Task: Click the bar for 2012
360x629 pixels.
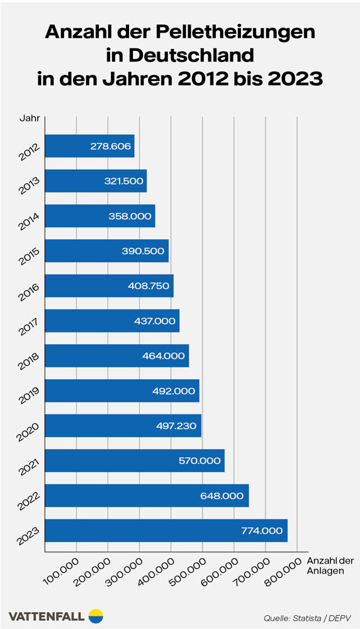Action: click(x=89, y=146)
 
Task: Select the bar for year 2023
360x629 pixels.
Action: click(x=166, y=530)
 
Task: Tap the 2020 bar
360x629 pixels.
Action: click(x=123, y=425)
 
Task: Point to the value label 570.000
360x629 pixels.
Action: click(x=200, y=460)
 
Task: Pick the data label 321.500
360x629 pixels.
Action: click(x=123, y=181)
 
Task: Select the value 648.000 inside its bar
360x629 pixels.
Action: click(x=224, y=496)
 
